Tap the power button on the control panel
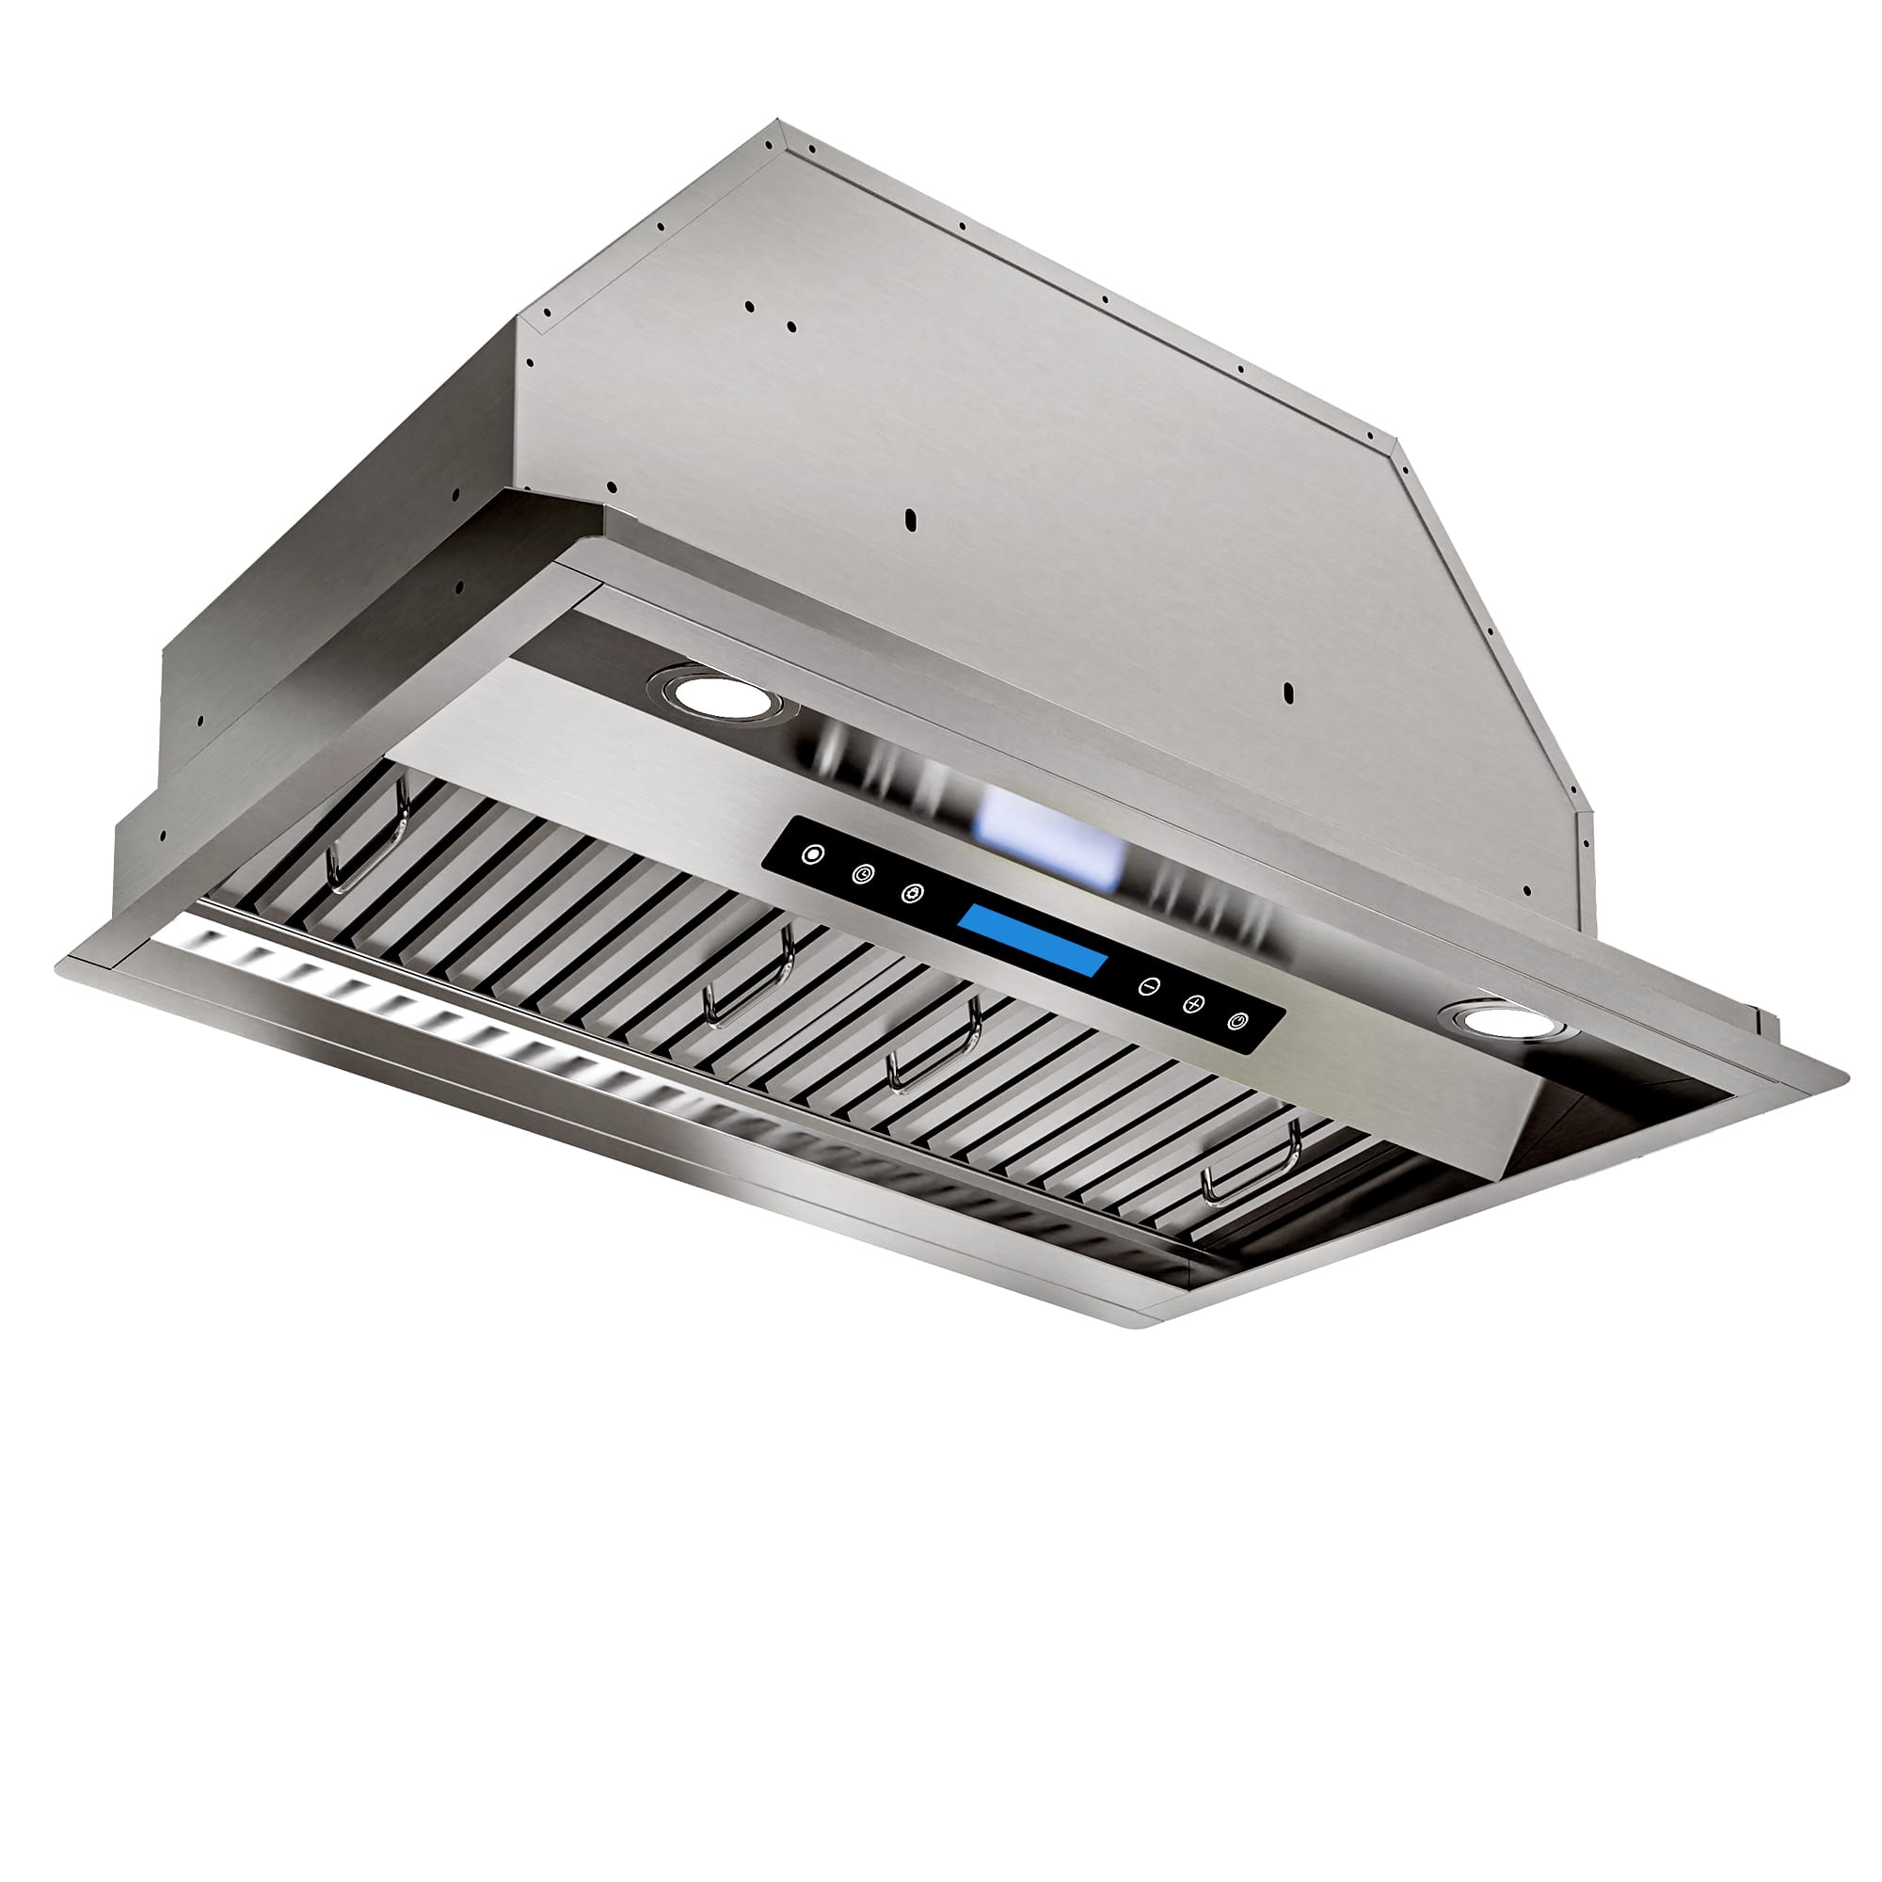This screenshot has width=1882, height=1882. tap(1236, 1021)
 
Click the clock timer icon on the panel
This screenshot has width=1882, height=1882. tap(861, 875)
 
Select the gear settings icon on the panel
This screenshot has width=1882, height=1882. tap(912, 893)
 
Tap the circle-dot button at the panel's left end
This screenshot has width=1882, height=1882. tap(811, 854)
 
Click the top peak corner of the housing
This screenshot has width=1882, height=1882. tap(779, 123)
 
